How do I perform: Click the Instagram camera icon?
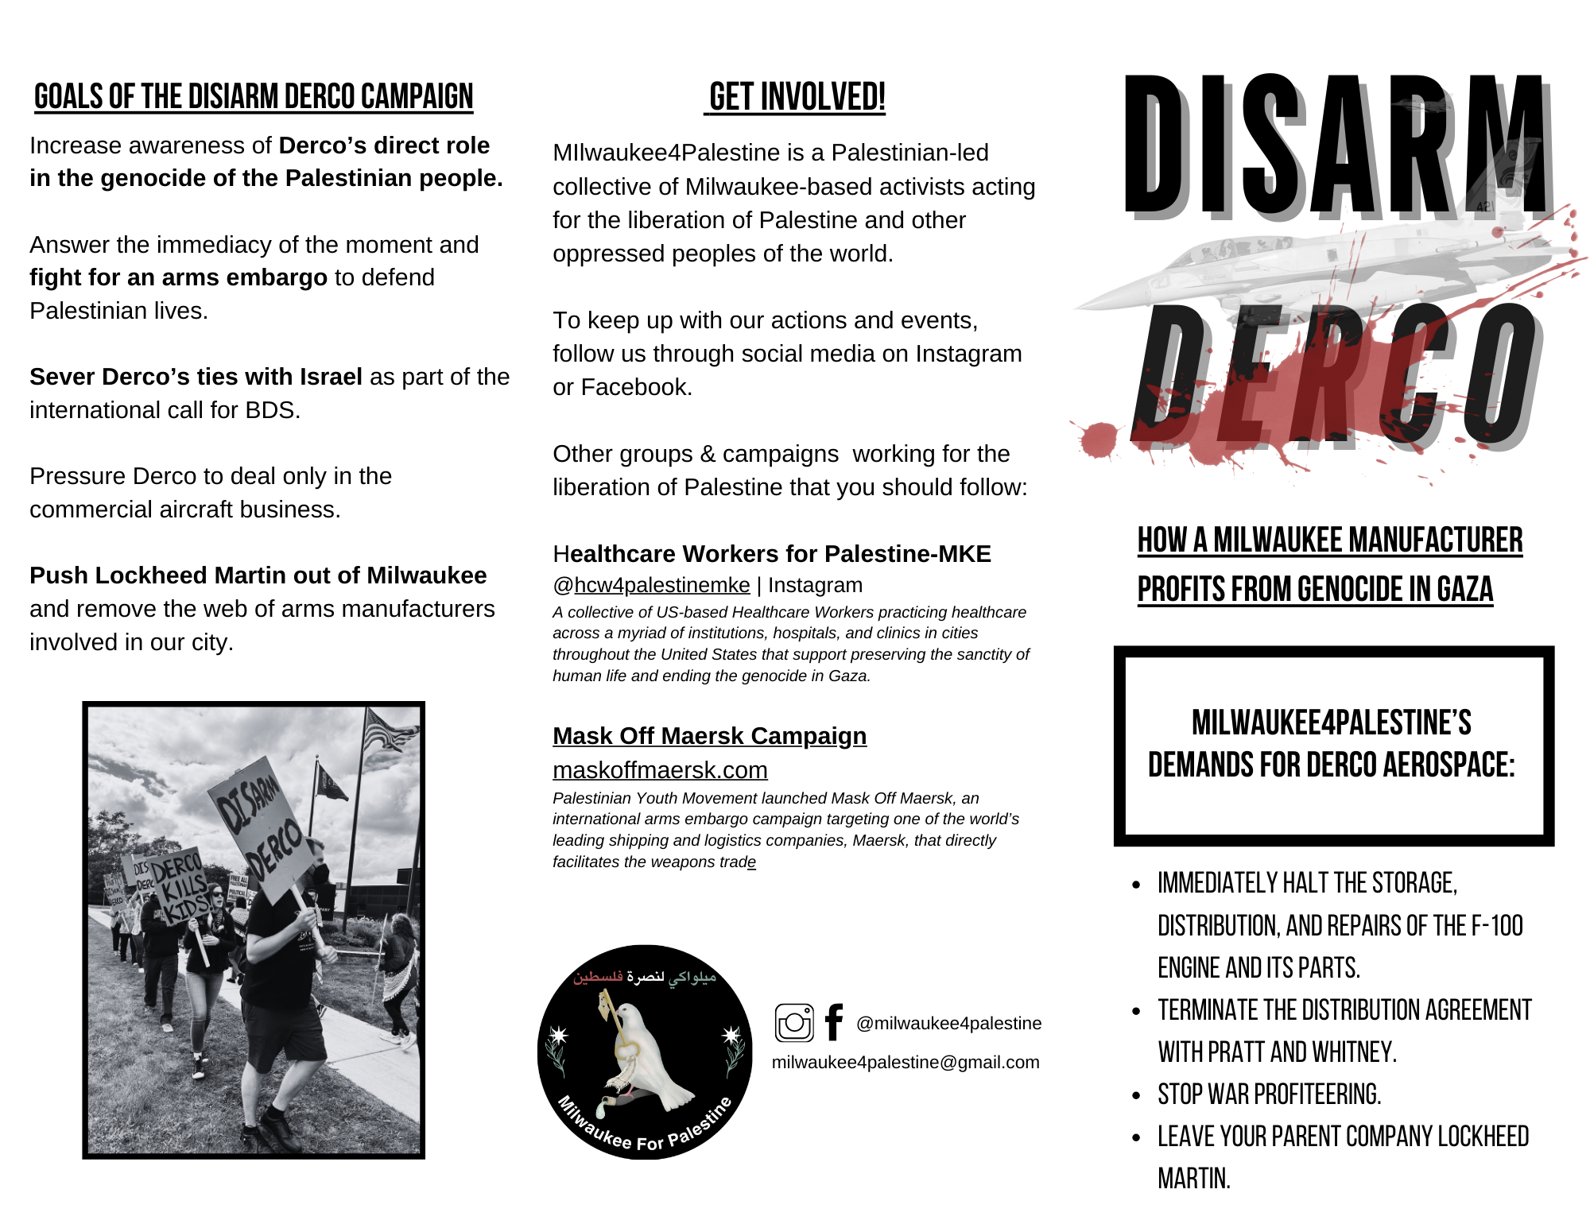[x=794, y=1023]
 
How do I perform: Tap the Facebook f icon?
[x=833, y=1022]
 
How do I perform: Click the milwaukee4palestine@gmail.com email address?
[x=906, y=1063]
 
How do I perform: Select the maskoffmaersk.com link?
[x=660, y=770]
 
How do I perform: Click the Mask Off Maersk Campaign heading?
[x=709, y=736]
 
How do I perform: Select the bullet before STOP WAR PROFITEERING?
[x=1137, y=1096]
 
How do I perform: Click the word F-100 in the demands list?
[x=1496, y=926]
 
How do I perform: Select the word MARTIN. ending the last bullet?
[x=1193, y=1179]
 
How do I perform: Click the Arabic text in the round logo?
[x=645, y=977]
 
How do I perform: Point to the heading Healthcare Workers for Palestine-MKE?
[x=771, y=554]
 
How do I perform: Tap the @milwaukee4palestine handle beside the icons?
[x=948, y=1024]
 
